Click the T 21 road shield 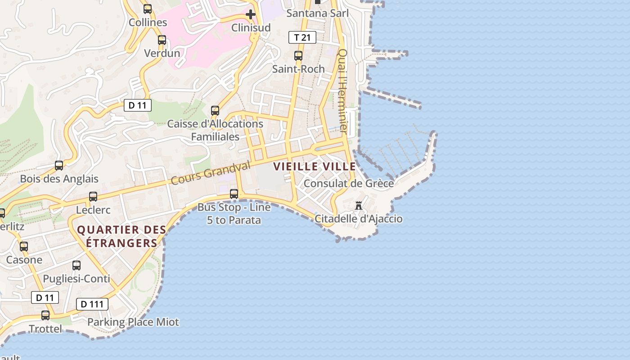302,38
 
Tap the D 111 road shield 92,304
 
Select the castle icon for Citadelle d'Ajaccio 359,206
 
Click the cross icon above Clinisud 251,15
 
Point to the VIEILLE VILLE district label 315,166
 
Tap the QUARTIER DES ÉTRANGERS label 121,236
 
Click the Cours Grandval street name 210,173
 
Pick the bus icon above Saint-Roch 298,56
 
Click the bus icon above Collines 148,9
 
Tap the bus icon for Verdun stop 162,40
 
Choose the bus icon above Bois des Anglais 59,165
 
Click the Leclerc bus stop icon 93,197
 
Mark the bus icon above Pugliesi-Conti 76,265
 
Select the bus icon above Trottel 45,315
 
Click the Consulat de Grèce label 349,184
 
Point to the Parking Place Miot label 133,322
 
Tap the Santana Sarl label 318,13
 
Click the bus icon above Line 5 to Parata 234,194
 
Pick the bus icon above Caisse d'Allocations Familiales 215,110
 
